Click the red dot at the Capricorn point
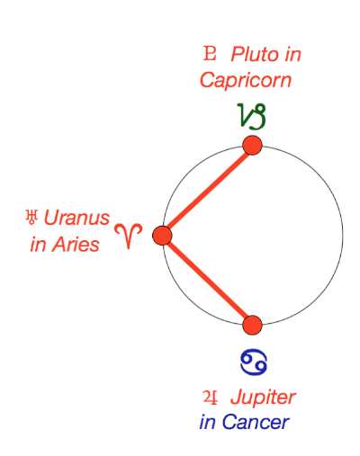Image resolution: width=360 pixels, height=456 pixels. [253, 146]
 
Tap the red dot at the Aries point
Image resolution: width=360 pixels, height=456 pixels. [162, 236]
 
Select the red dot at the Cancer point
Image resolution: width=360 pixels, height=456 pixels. [252, 325]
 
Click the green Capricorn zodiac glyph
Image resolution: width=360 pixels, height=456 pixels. [252, 116]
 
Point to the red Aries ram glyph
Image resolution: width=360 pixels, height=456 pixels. [129, 236]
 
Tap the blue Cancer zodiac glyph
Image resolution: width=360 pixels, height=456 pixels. [254, 362]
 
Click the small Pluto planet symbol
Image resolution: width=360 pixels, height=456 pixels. [209, 53]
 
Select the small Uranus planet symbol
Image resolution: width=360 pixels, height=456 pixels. [31, 217]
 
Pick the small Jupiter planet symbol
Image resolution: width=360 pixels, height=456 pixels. [210, 397]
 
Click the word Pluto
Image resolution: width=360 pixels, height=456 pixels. [255, 54]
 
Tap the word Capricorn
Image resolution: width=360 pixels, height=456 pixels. [246, 80]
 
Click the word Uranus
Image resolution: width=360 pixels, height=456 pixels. [76, 218]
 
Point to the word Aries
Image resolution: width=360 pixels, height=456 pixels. [76, 244]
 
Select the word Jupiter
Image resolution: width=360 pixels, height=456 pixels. [263, 398]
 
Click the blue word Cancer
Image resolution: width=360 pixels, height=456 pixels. [256, 423]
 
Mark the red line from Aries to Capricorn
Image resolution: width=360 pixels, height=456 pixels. [208, 191]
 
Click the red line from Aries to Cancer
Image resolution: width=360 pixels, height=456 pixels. [207, 281]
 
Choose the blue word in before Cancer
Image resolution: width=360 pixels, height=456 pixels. [207, 422]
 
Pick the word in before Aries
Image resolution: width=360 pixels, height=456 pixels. [39, 244]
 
